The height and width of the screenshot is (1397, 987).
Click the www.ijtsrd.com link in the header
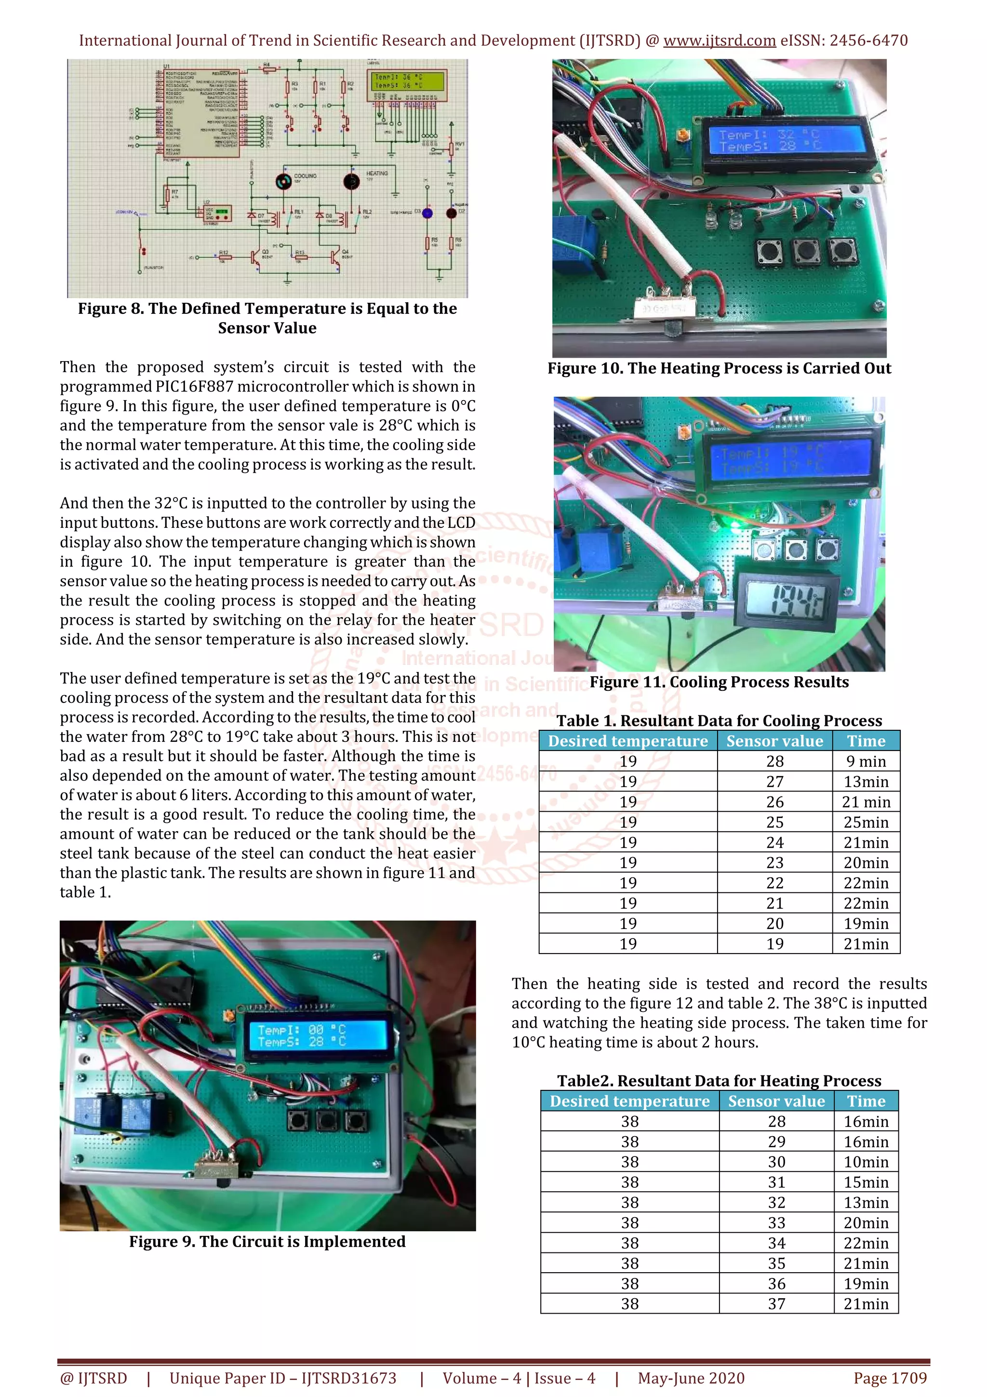(719, 41)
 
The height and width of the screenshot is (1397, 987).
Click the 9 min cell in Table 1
(866, 761)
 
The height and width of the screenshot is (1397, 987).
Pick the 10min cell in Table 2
(866, 1162)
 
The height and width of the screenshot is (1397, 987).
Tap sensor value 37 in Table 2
(776, 1303)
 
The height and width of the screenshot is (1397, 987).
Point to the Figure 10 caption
(719, 368)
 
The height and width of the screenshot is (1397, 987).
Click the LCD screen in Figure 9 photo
(318, 1035)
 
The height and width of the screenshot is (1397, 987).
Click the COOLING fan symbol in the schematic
(283, 181)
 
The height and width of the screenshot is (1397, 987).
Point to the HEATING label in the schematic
(376, 174)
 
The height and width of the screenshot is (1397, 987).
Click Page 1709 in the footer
(890, 1378)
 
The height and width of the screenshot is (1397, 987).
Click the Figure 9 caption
(267, 1241)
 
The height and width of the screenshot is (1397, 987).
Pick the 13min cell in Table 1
(866, 781)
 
